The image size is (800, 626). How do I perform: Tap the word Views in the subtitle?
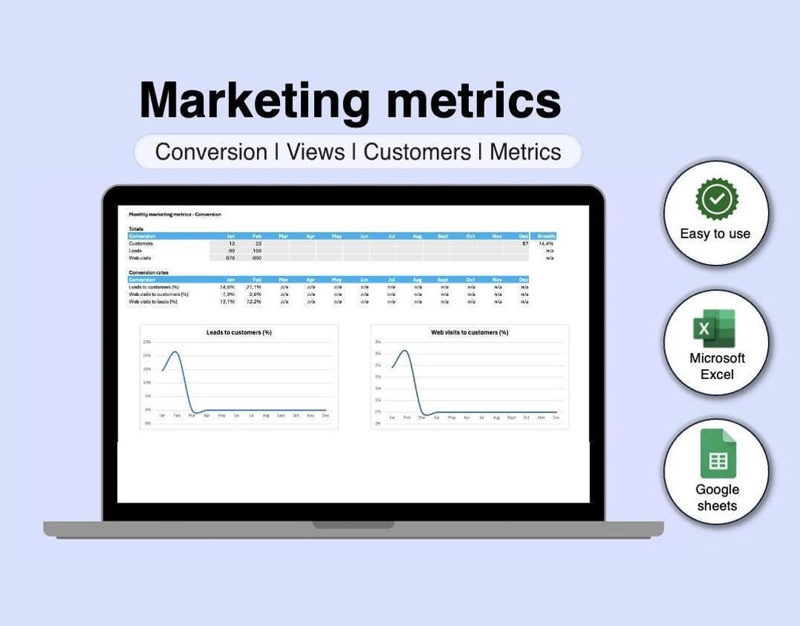316,152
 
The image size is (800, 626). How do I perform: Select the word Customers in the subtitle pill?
417,152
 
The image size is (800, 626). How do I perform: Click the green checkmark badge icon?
716,199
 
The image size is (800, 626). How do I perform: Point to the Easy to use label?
715,234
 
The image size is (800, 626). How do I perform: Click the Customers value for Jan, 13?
232,243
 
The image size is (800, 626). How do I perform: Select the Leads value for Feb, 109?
257,251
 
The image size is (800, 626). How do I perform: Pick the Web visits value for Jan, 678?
230,258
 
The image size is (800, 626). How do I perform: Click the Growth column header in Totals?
546,236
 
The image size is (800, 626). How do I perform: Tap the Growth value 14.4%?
547,243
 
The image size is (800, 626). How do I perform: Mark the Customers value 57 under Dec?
524,243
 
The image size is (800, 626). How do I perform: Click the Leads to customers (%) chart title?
239,333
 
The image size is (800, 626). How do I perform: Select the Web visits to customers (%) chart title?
470,333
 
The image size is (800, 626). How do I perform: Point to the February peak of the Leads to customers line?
175,352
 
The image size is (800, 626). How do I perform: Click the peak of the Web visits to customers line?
404,351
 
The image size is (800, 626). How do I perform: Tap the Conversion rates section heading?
148,272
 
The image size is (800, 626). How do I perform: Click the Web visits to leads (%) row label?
153,302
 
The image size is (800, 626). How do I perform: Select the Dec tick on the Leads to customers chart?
325,416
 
